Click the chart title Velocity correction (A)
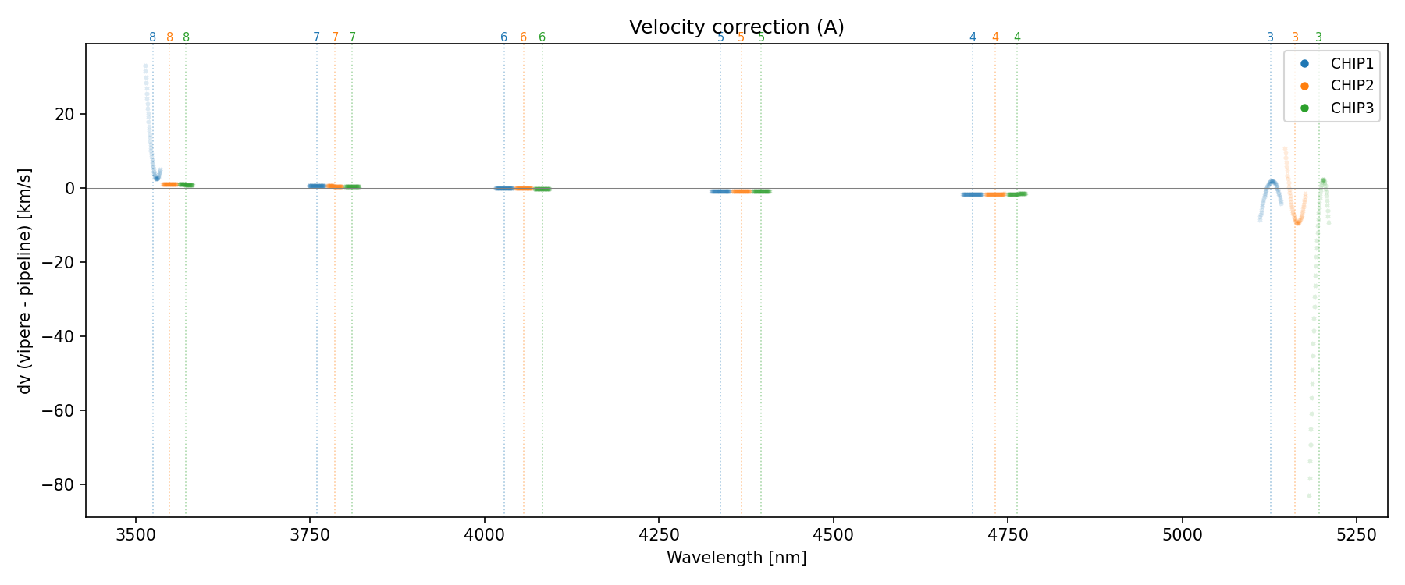click(x=736, y=27)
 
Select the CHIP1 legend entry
click(x=1352, y=64)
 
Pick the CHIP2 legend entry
click(x=1352, y=86)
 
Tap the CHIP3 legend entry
click(x=1352, y=108)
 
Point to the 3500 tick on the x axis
click(x=136, y=534)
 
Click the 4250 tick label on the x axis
click(x=659, y=534)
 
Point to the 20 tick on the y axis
click(x=65, y=115)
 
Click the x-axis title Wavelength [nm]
click(x=736, y=558)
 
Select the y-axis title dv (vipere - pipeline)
click(x=25, y=280)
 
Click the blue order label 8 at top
click(x=152, y=37)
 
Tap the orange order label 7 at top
click(x=335, y=37)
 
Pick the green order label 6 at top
click(x=542, y=37)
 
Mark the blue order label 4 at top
click(x=973, y=37)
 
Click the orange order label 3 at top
click(x=1295, y=37)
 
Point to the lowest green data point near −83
click(x=1309, y=495)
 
